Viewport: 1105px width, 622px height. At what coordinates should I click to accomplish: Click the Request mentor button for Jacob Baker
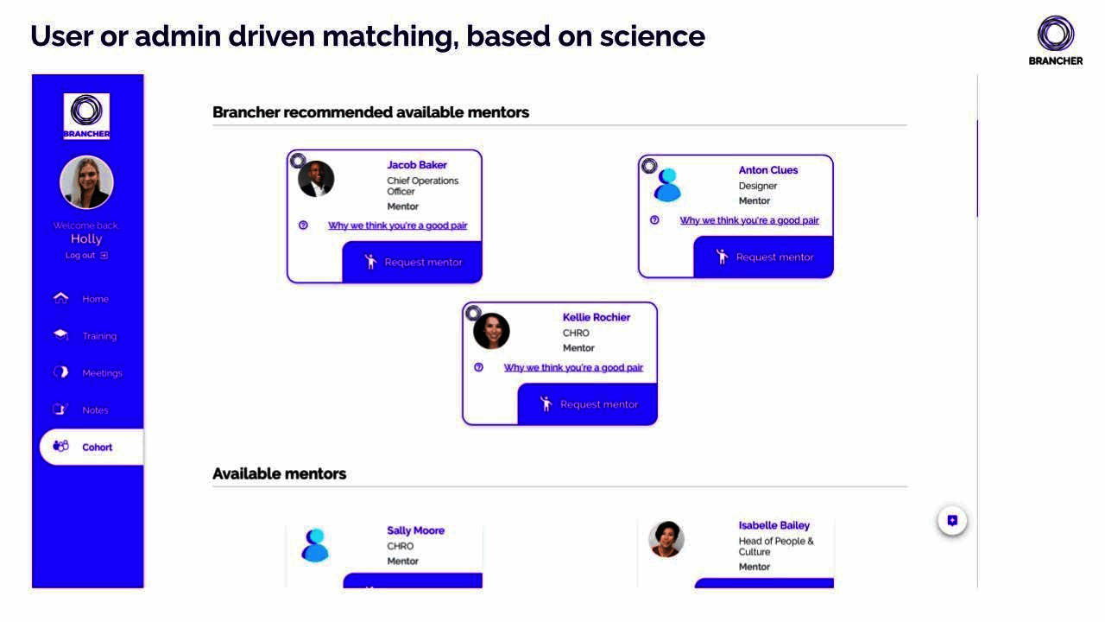click(413, 262)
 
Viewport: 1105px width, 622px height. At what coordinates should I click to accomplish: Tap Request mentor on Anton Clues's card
click(764, 257)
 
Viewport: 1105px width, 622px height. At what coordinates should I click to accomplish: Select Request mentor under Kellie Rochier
click(588, 404)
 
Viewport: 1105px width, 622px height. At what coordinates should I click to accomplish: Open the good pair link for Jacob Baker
click(398, 225)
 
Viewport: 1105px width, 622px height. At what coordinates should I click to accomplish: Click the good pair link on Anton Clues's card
click(749, 220)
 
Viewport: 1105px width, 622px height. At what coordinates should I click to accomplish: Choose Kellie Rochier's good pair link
click(573, 368)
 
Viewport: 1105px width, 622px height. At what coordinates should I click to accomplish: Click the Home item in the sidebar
click(81, 299)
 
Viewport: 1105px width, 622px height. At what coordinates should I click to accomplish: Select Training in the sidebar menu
click(85, 336)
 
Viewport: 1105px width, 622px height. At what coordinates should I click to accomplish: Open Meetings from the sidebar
click(87, 372)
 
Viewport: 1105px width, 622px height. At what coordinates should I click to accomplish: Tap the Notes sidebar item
click(80, 409)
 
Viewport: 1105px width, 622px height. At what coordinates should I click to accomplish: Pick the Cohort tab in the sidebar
click(92, 447)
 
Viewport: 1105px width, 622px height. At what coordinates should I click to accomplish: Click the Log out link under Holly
click(86, 255)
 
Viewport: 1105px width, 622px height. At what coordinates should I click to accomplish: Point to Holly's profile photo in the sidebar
click(87, 182)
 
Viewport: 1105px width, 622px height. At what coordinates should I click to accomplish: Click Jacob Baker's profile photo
click(316, 179)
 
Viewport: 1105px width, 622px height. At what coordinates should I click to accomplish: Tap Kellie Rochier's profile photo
click(491, 331)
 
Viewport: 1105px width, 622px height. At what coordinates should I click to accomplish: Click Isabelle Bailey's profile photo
click(666, 539)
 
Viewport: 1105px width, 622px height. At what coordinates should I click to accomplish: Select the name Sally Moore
click(416, 530)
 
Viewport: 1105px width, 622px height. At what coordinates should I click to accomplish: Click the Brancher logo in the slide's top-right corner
click(1056, 41)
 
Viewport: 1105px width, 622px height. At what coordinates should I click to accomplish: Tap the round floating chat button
click(952, 520)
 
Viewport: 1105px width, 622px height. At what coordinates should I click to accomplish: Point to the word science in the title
click(653, 36)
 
